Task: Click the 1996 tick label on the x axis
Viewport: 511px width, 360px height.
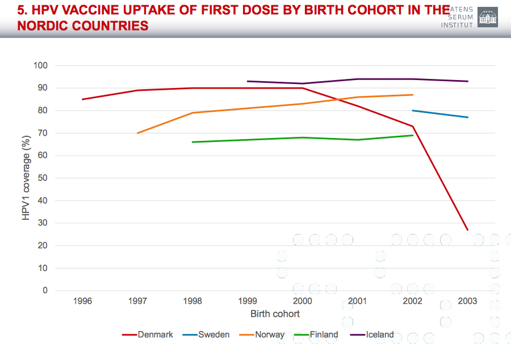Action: pos(83,302)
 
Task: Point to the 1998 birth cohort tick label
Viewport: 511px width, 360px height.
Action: pos(192,302)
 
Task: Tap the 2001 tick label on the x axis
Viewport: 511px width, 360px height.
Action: pos(357,302)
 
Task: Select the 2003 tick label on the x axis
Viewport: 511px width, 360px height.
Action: pos(467,302)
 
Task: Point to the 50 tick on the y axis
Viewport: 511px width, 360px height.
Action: pos(43,178)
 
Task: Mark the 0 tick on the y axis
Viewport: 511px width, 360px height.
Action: pos(44,291)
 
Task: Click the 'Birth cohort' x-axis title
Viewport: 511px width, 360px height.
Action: pos(275,314)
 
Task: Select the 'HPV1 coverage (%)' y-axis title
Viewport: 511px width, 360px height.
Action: pos(26,178)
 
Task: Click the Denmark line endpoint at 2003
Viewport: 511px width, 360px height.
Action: pos(467,230)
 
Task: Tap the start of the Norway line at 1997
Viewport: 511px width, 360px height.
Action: pos(138,133)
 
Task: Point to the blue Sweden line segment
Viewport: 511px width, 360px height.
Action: pos(440,114)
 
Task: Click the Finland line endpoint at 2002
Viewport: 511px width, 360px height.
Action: pos(412,135)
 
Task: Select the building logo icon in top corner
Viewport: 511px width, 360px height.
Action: pos(487,17)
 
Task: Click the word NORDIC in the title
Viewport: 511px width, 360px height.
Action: pos(45,26)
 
